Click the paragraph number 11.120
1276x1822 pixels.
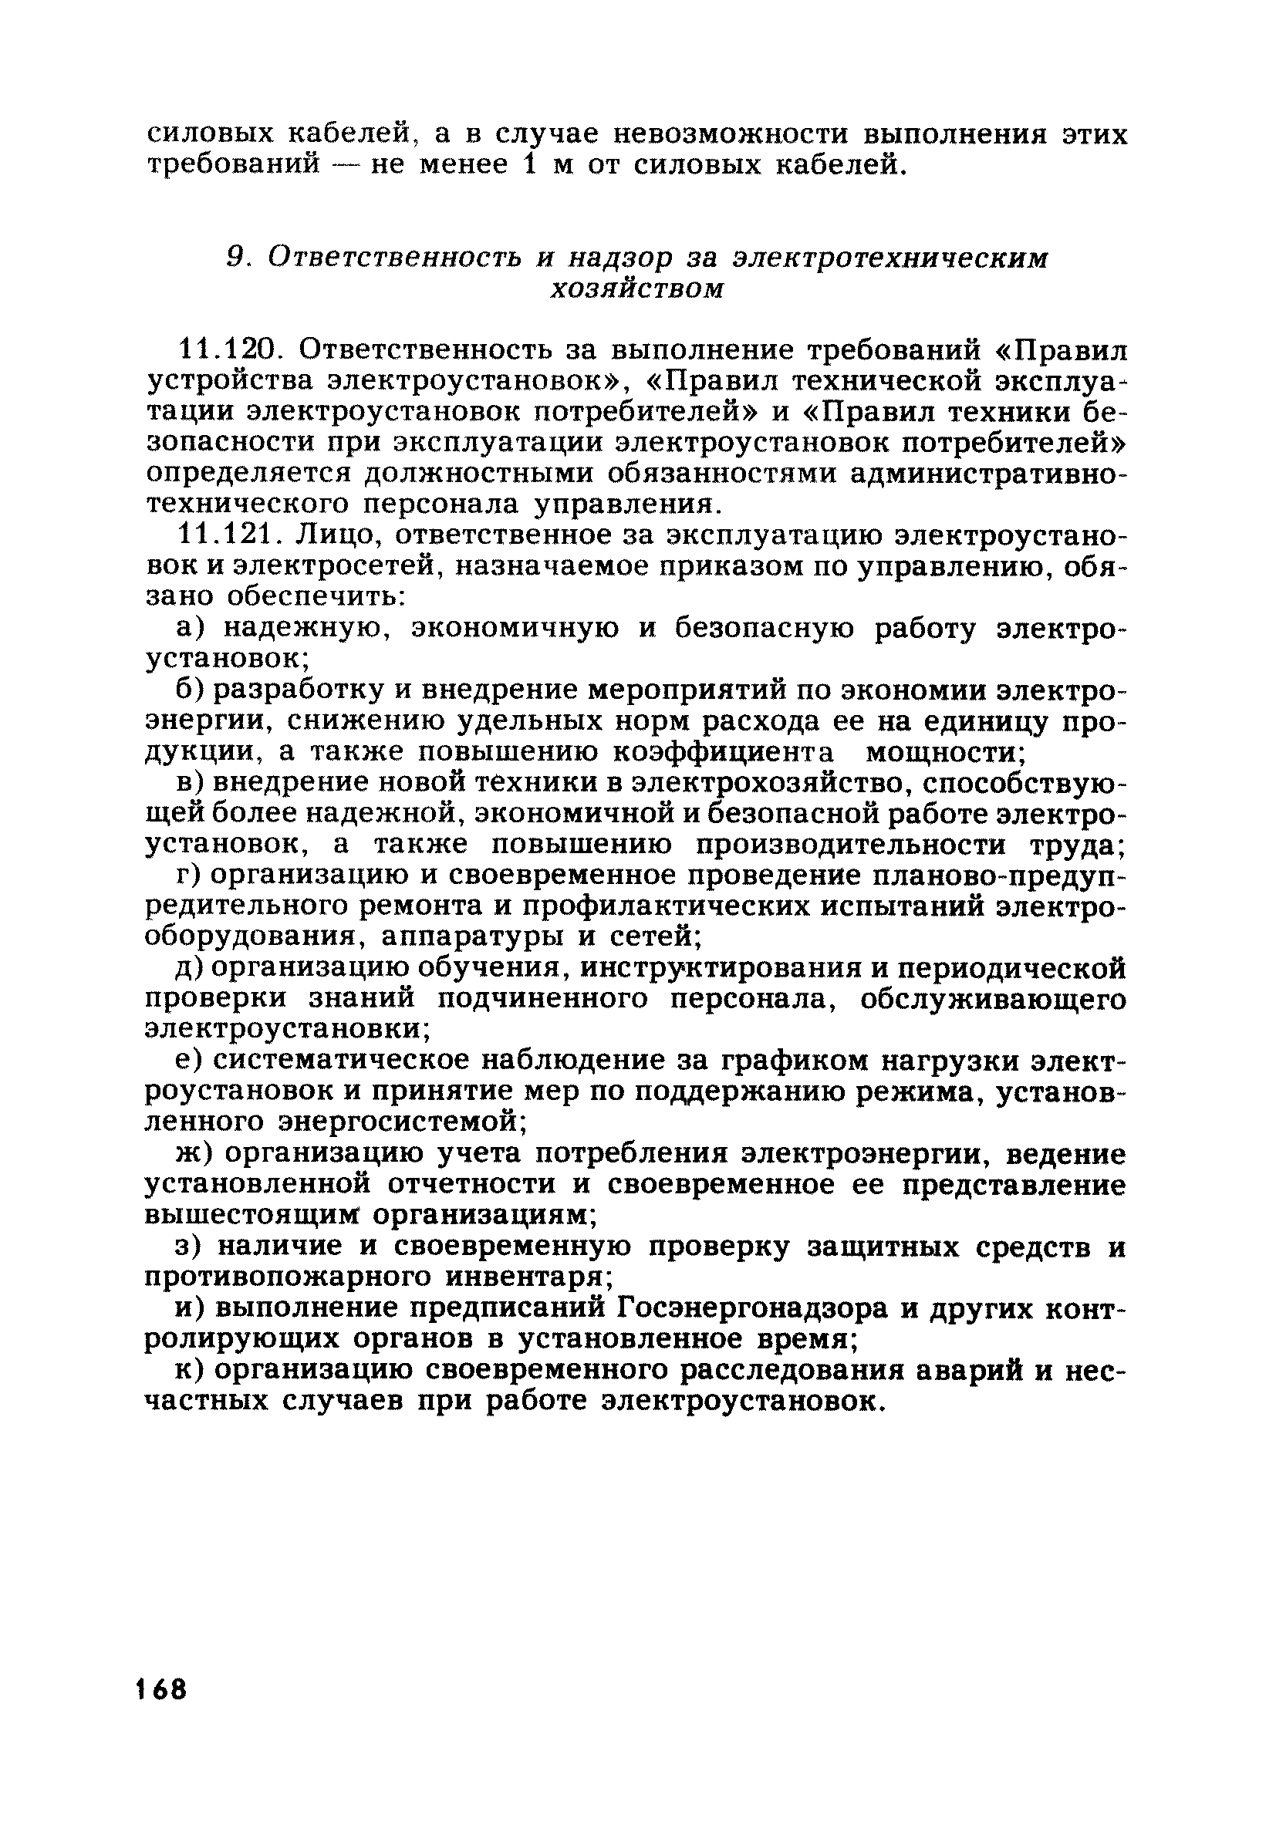click(227, 349)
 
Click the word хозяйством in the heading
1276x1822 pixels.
click(637, 288)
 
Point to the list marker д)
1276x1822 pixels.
click(190, 968)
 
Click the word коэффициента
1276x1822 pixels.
click(725, 751)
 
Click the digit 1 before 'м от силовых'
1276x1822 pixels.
click(528, 164)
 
